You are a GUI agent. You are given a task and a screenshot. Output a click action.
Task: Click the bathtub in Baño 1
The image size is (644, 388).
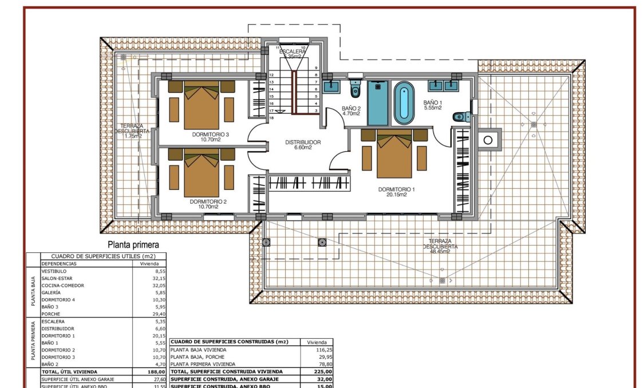pos(404,103)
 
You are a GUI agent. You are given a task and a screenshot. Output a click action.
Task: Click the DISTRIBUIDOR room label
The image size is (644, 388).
pos(303,142)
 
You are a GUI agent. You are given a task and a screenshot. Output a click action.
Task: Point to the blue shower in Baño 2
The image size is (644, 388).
pos(377,103)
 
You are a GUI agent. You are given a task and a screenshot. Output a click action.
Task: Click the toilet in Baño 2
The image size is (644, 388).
pos(355,90)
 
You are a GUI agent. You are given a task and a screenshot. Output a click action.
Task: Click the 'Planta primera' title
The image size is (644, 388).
pos(129,245)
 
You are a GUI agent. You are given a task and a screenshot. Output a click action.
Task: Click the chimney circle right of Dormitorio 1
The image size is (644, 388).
pos(488,139)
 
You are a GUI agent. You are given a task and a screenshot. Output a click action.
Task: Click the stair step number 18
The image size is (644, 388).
pos(271,117)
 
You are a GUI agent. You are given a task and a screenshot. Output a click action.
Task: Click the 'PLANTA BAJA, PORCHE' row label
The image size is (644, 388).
pos(198,357)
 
